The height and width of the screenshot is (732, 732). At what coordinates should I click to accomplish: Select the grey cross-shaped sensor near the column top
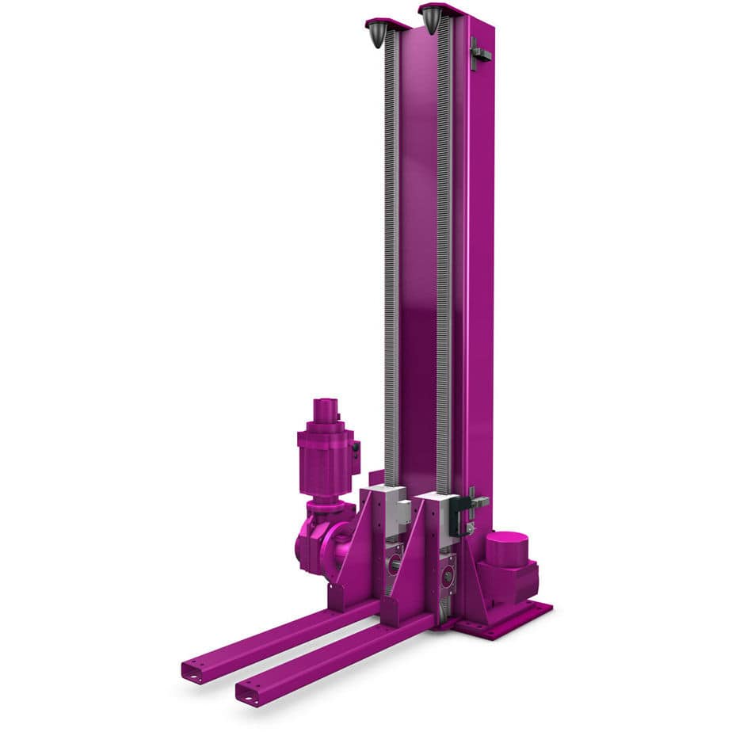(x=478, y=54)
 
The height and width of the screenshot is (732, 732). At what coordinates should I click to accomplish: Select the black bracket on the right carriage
(x=457, y=516)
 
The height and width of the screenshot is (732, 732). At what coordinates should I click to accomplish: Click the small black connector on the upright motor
(x=356, y=448)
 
